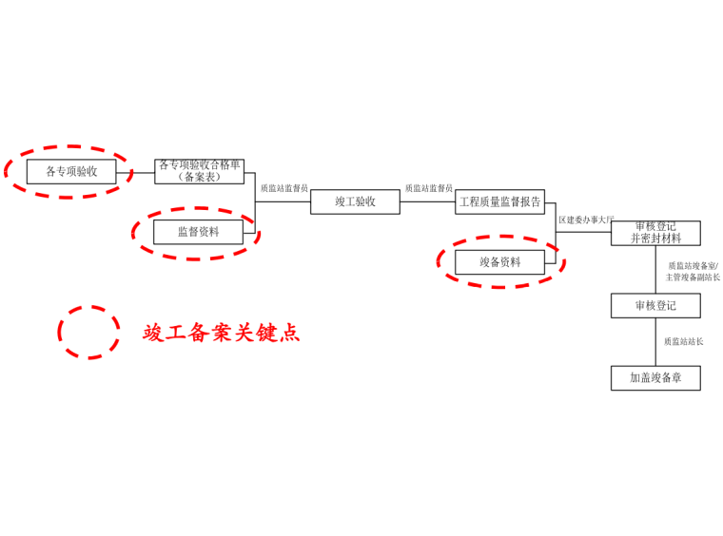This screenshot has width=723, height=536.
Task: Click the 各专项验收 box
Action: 71,172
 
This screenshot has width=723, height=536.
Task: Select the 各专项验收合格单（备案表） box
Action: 200,172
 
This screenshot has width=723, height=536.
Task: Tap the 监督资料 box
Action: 198,231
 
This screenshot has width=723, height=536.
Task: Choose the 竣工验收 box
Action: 355,201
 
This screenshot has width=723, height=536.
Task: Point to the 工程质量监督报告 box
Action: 499,201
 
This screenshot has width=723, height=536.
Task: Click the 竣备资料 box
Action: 499,261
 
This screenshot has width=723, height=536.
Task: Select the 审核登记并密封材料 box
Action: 655,233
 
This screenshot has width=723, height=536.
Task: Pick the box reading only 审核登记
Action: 655,305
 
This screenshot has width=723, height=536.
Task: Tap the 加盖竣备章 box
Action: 655,377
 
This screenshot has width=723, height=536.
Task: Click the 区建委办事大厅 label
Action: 586,220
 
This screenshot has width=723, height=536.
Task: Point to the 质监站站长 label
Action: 683,341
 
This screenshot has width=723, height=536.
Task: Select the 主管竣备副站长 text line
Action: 693,278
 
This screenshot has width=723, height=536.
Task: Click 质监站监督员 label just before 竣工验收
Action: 283,188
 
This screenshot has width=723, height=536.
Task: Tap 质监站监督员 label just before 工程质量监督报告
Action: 428,188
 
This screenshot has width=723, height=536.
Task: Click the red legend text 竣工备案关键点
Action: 221,333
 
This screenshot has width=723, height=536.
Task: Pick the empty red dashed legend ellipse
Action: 88,332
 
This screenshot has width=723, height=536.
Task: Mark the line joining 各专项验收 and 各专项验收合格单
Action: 135,172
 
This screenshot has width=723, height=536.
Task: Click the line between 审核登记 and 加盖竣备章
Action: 655,342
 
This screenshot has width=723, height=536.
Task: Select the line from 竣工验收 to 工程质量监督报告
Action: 427,201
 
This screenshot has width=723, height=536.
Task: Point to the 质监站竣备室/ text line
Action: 693,266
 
